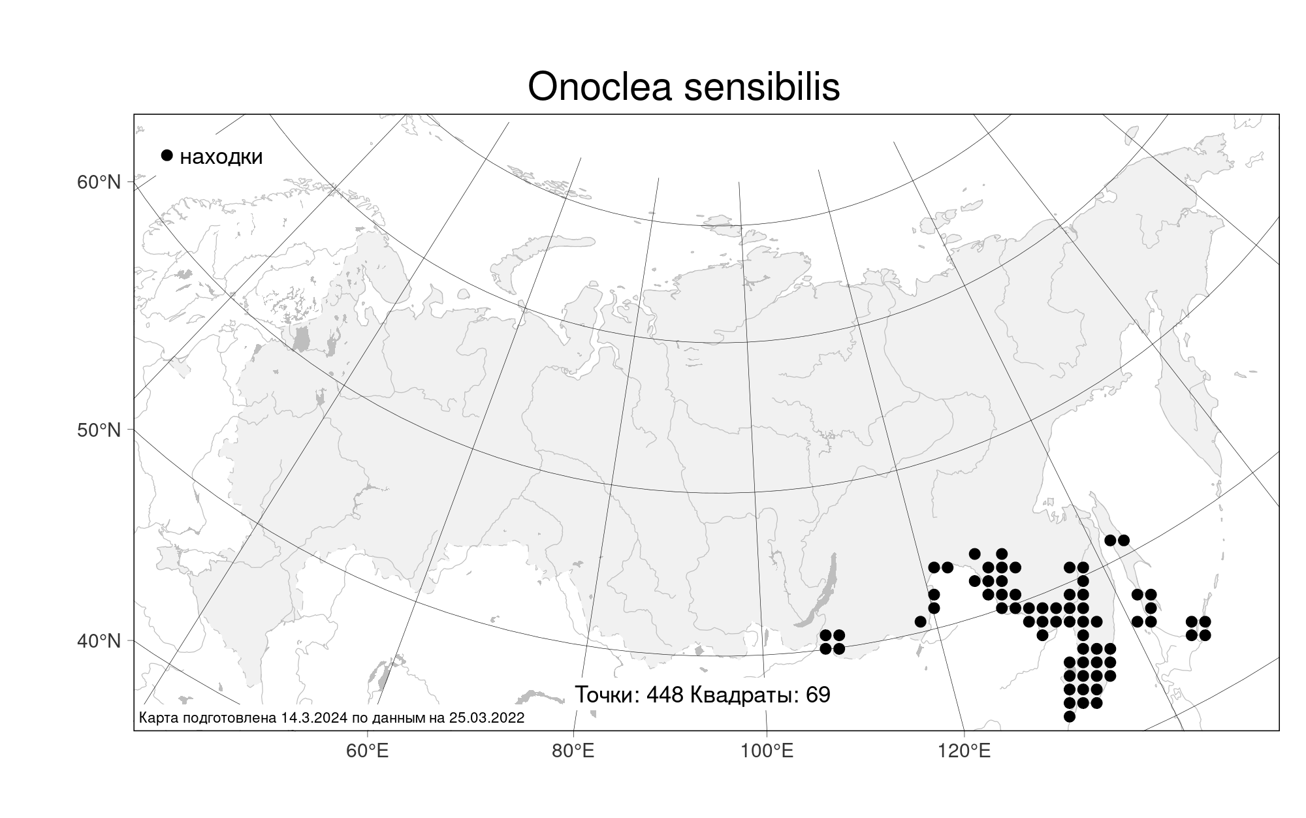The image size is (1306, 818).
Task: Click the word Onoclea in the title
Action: click(x=599, y=86)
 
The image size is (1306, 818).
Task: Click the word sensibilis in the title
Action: click(x=761, y=86)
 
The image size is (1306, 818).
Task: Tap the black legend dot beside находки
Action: click(x=167, y=155)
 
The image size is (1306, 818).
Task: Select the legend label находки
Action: click(x=221, y=157)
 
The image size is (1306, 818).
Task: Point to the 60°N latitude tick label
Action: click(x=99, y=182)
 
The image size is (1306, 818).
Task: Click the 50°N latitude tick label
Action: click(x=99, y=430)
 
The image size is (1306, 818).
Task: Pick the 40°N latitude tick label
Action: click(x=99, y=641)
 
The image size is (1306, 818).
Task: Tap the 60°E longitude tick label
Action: click(x=367, y=751)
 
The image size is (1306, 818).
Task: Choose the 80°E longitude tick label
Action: click(x=573, y=751)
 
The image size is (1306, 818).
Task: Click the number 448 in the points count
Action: click(x=665, y=695)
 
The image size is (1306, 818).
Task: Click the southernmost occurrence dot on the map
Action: click(x=1069, y=716)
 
